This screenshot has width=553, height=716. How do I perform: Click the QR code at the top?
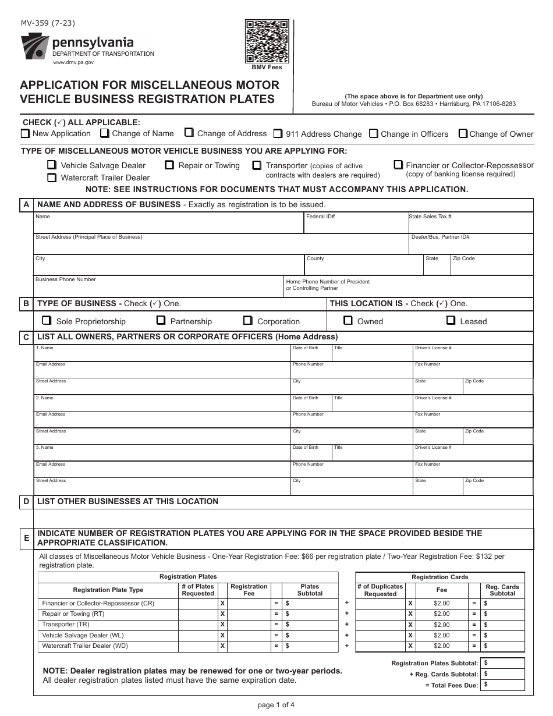tap(267, 41)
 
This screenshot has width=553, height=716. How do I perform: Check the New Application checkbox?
tap(25, 133)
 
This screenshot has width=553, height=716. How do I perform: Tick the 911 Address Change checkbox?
tap(278, 133)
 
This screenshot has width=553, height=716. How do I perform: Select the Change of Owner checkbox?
tap(463, 133)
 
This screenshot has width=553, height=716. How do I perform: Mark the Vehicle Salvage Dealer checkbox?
tap(52, 165)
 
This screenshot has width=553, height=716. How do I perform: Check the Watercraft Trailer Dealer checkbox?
tap(52, 178)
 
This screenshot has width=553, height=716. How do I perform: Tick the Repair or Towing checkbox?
tap(169, 165)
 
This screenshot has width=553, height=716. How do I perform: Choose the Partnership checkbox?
tap(161, 321)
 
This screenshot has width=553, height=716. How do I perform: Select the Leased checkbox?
tap(451, 320)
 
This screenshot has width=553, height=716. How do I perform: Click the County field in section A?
tap(363, 266)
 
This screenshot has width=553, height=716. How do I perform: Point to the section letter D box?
tap(26, 502)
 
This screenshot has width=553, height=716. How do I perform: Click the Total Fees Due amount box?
tap(504, 685)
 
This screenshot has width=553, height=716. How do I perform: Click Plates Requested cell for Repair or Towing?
tap(198, 614)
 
